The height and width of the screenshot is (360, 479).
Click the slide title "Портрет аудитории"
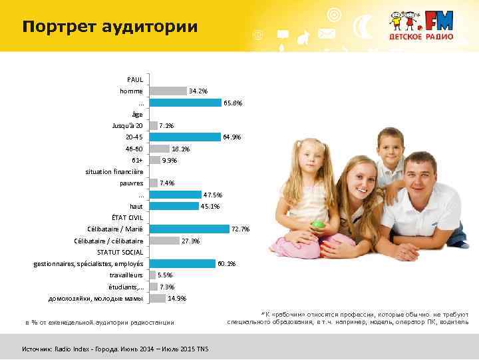click(110, 27)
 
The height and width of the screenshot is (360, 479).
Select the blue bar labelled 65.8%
click(186, 103)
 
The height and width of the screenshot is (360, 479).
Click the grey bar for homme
click(168, 91)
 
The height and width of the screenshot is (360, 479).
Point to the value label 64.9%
click(232, 137)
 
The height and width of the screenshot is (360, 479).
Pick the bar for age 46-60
click(160, 149)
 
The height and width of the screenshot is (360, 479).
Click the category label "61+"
click(137, 160)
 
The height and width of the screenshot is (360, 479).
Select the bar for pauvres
click(154, 183)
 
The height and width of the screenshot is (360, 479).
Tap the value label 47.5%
click(213, 195)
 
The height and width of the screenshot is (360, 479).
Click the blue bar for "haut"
click(174, 206)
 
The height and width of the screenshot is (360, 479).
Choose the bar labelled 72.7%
click(190, 229)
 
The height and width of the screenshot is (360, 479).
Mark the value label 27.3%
click(191, 241)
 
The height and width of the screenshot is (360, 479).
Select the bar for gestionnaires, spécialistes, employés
click(183, 264)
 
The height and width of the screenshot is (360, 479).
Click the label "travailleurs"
click(126, 275)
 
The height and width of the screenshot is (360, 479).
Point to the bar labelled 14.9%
click(158, 298)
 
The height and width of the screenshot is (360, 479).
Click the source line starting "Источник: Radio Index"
click(115, 349)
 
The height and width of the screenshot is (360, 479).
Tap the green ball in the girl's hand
click(320, 224)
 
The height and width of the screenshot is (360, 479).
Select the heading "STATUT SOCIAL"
click(120, 252)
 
